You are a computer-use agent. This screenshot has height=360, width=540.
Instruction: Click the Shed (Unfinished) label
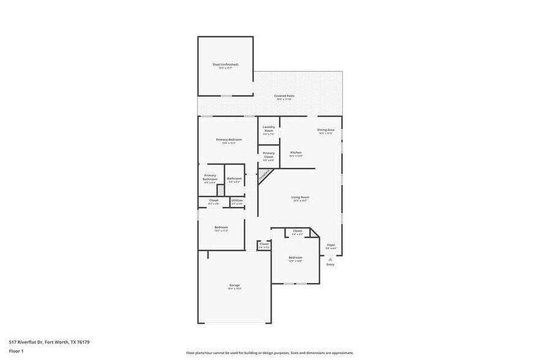225,64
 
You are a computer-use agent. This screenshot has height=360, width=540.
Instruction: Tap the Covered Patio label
285,96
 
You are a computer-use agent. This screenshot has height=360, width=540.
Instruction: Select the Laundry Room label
268,129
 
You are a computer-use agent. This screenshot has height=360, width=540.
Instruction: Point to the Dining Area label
325,130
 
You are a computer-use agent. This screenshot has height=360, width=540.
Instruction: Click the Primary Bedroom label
229,140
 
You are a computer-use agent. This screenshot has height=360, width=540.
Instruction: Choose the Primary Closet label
268,155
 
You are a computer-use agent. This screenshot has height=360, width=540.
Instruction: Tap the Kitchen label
296,152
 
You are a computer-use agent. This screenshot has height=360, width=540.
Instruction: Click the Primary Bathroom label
210,178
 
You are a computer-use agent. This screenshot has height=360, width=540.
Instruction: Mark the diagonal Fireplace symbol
264,176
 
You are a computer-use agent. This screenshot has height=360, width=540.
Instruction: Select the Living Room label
300,197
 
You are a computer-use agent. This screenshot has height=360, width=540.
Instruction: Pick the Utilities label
237,200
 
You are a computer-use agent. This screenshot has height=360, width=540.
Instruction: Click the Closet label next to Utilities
214,200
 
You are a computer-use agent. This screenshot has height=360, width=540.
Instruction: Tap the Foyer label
331,245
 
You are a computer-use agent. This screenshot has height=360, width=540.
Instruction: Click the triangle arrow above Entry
330,259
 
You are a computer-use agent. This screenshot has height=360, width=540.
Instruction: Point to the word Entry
330,264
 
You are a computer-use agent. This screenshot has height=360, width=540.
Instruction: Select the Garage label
234,285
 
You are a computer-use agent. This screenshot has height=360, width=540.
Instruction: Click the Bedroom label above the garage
221,227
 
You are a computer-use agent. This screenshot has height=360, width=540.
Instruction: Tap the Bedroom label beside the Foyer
295,258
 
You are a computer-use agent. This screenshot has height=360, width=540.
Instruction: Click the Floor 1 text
16,351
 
